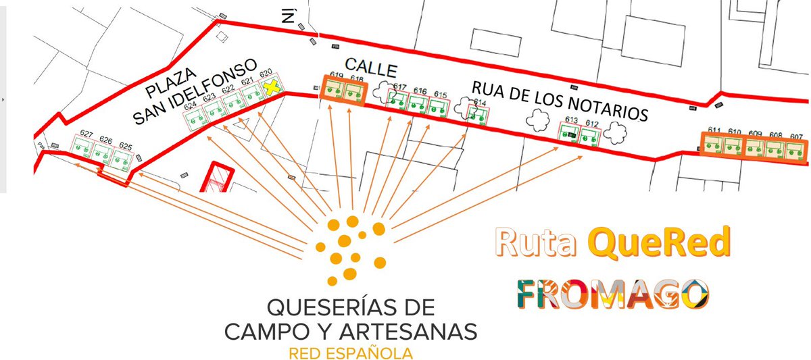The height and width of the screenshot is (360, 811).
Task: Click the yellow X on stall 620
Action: pyautogui.click(x=272, y=86)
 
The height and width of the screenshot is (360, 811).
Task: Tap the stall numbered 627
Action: pyautogui.click(x=83, y=151)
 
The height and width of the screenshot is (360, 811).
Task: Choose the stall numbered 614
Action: pyautogui.click(x=479, y=113)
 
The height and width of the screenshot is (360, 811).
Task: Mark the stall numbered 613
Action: pyautogui.click(x=569, y=133)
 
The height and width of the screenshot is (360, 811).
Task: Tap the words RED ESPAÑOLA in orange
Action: pyautogui.click(x=350, y=353)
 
